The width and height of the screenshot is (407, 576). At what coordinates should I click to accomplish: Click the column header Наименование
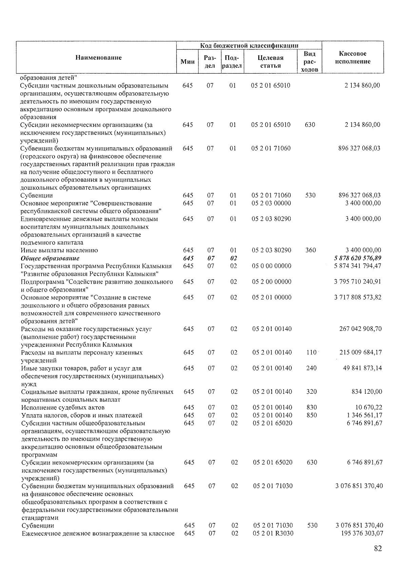pos(98,58)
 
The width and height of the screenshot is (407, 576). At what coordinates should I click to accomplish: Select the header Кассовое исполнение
pos(352,58)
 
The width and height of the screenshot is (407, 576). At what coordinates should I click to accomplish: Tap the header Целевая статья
pos(270,62)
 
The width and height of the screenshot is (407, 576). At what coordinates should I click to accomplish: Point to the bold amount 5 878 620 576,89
pos(357,258)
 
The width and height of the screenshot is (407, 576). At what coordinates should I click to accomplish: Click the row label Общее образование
pos(50,258)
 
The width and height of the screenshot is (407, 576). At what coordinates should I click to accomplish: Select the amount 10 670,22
pos(369,407)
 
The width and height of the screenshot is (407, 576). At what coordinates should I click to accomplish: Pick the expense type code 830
pos(311,407)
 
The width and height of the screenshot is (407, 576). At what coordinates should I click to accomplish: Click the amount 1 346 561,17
pos(365,415)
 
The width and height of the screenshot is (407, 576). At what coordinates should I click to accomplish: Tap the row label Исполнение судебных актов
pos(63,407)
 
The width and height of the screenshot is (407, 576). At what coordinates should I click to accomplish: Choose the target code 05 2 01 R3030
pos(273,533)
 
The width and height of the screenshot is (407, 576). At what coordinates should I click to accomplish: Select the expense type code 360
pos(310,250)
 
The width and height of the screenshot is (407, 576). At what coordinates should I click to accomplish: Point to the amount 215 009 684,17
pos(361,352)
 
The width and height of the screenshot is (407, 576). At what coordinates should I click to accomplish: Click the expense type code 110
pos(311,352)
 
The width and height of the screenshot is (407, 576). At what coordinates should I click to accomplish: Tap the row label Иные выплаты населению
pos(59,250)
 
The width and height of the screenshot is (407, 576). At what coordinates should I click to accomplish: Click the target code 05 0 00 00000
pos(271,266)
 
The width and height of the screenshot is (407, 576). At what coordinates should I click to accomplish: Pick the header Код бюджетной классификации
pos(249,45)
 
